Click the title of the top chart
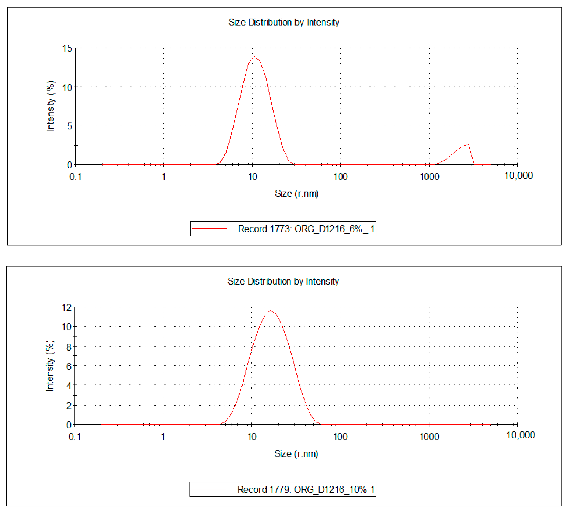[283, 22]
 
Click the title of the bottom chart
[283, 281]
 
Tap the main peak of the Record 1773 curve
[254, 57]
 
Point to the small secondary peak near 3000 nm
[468, 145]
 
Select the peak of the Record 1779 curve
[270, 311]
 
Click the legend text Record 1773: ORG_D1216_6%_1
[306, 229]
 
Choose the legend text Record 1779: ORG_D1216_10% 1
[306, 489]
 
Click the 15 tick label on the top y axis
[67, 48]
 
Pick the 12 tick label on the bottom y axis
[67, 307]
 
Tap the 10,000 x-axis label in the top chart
[518, 176]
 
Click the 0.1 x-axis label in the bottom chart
[75, 437]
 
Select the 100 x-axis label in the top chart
[340, 177]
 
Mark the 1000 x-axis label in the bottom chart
[429, 437]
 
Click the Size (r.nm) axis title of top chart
[296, 194]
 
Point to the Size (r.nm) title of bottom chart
[296, 454]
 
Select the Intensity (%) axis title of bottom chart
[50, 366]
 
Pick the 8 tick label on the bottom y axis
[69, 347]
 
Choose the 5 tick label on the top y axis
[69, 126]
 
